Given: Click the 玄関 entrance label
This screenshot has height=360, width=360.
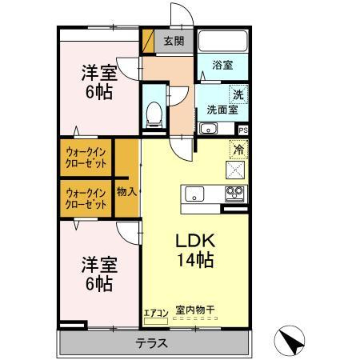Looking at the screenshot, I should click(174, 42).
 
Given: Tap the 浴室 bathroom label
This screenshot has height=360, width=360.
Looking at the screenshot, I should click(223, 66).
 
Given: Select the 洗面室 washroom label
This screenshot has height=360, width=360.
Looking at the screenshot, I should click(222, 110).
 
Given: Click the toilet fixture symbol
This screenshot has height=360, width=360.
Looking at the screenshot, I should click(153, 114).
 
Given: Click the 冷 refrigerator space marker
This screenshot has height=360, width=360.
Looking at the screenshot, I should click(238, 149).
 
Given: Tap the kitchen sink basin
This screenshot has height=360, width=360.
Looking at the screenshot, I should click(197, 194).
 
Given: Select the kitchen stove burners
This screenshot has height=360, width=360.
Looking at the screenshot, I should click(235, 194).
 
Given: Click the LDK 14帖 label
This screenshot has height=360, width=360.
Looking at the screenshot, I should click(194, 249).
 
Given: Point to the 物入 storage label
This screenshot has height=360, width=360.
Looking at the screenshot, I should click(126, 191).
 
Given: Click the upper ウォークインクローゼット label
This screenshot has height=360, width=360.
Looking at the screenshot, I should click(86, 157).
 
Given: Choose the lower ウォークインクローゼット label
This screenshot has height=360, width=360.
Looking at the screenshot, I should click(86, 198).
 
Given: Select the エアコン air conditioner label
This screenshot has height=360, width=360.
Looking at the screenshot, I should click(156, 313).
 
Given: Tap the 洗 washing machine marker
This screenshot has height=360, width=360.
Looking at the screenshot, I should click(238, 95).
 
